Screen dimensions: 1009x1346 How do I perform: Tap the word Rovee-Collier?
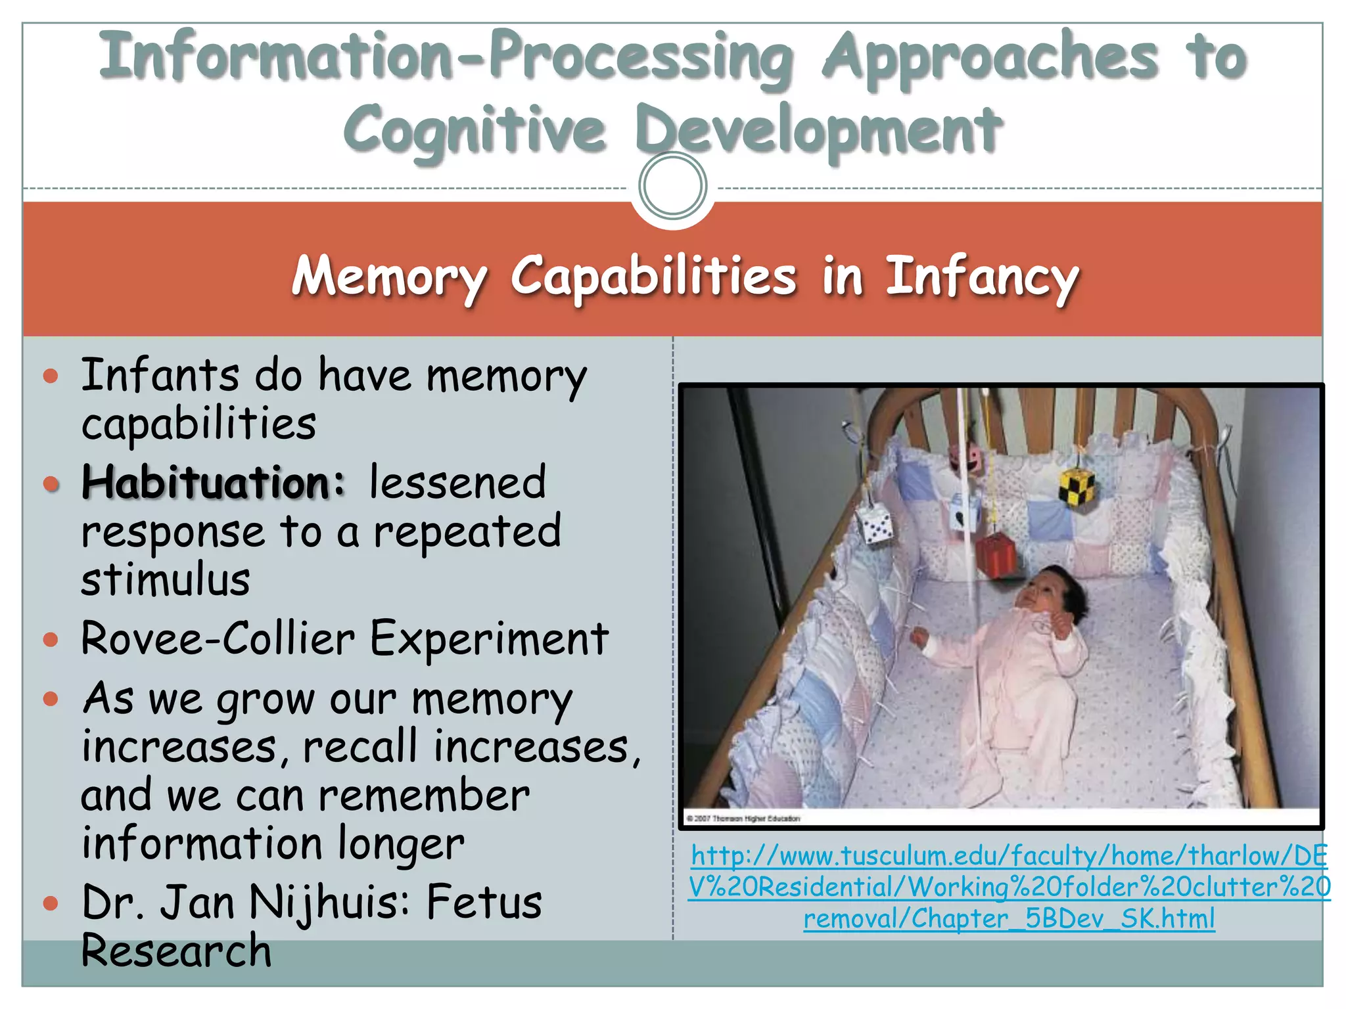[x=218, y=639]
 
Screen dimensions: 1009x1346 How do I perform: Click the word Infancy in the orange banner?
[x=982, y=277]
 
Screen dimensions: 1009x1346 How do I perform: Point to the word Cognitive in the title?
[x=474, y=130]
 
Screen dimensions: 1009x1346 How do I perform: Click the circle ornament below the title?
[x=672, y=186]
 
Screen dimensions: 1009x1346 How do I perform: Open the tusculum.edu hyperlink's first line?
[x=1009, y=856]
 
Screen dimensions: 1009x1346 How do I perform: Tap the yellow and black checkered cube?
[x=1077, y=486]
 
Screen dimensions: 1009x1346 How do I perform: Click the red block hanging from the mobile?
[x=996, y=555]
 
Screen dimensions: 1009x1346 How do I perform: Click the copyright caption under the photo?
[x=743, y=818]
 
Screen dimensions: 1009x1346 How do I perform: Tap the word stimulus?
[x=166, y=580]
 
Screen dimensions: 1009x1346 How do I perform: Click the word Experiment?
[x=489, y=639]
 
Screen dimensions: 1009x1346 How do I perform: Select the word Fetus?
[x=484, y=903]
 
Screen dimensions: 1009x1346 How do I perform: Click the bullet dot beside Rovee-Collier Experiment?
[x=51, y=639]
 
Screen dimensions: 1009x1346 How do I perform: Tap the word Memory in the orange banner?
[x=389, y=277]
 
